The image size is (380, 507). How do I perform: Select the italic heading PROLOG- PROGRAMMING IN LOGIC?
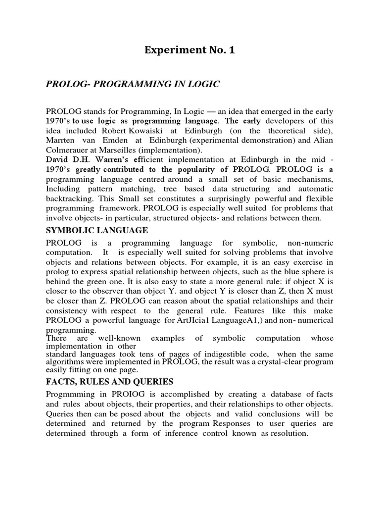tap(132, 85)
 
